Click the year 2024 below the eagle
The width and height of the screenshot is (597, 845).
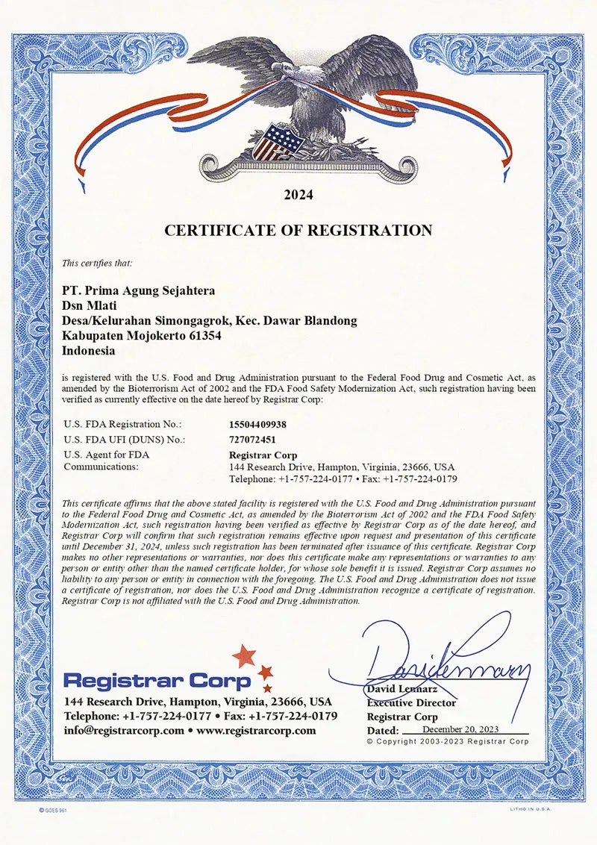298,196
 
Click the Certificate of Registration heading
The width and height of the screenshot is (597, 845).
298,230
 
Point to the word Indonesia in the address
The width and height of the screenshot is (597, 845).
88,350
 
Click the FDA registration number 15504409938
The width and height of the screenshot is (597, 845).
258,424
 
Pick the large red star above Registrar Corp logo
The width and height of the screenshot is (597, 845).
243,657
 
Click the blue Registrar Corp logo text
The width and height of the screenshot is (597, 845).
157,681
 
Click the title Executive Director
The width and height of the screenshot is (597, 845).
411,702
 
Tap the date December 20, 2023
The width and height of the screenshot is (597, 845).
460,729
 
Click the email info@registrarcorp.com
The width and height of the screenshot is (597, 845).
124,730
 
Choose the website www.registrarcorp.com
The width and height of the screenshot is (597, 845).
257,730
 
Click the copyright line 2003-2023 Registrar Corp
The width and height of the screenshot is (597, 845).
448,741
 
